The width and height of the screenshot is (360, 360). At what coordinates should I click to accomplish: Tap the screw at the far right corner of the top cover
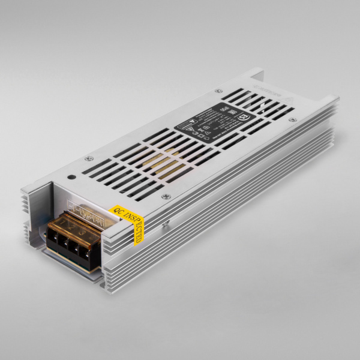(292, 120)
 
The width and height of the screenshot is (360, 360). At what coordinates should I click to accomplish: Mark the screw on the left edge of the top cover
(89, 158)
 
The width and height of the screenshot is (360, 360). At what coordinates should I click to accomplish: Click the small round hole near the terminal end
(71, 177)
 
